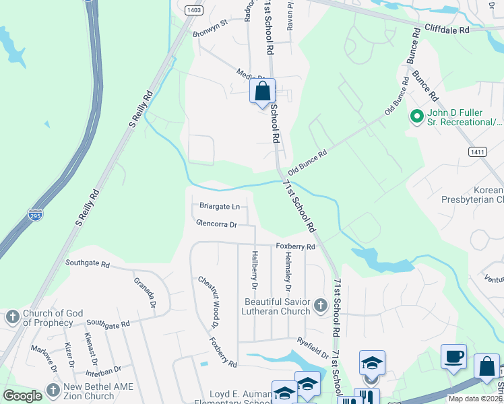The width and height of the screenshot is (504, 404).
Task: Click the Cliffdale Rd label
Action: click(446, 30)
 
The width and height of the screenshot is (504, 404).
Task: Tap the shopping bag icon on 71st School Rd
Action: click(262, 91)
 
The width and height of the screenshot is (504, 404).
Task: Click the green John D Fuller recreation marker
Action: click(416, 117)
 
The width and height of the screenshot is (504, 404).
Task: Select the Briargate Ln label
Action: click(219, 206)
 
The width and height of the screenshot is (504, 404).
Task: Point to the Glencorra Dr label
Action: click(216, 224)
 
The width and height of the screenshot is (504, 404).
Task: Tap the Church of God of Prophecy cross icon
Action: click(11, 317)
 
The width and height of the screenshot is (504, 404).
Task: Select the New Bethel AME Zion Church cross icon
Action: click(53, 391)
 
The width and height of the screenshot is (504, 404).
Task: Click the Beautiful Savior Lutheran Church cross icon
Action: click(320, 307)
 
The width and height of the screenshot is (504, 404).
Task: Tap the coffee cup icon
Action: click(453, 356)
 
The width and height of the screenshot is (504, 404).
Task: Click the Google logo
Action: click(22, 396)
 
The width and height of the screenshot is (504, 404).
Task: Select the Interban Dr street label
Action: click(103, 370)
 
